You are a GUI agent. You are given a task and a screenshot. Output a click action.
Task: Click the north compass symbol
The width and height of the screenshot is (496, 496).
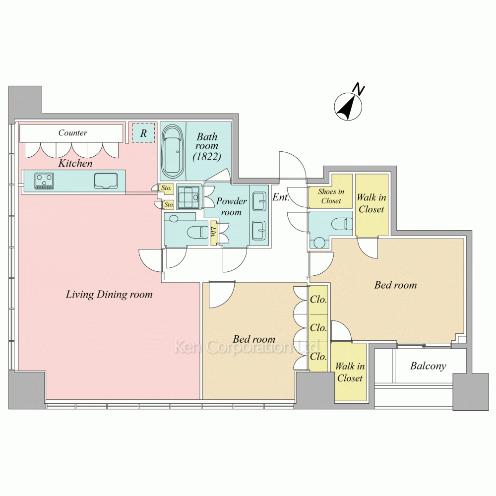[x=348, y=107]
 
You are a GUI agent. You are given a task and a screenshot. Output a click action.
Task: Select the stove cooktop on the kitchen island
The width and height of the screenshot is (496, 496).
[x=44, y=181]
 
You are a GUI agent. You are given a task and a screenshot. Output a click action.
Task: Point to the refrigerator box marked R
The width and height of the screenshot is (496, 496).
[x=143, y=133]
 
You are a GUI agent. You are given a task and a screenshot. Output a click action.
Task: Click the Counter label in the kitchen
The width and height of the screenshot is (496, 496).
[x=72, y=132]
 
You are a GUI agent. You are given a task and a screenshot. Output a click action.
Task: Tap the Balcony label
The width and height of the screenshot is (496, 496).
[x=428, y=366]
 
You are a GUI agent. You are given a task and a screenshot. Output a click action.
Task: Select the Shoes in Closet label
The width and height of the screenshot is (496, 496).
[x=331, y=196]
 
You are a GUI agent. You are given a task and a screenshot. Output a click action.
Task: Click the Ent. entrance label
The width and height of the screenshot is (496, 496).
[x=281, y=197]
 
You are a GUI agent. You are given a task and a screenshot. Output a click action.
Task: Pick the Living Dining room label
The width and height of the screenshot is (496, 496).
[x=109, y=295]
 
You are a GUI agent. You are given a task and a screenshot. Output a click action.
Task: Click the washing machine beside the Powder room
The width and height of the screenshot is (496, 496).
[x=188, y=197]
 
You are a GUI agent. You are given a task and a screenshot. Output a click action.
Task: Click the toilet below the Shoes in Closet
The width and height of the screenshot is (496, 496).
[x=342, y=224]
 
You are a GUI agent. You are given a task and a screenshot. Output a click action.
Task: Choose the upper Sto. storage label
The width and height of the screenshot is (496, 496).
[x=166, y=188]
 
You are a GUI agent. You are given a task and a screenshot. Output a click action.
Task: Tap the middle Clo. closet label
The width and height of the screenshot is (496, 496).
[x=318, y=328]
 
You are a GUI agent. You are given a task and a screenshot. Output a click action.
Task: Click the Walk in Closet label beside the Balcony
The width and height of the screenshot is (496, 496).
[x=350, y=372]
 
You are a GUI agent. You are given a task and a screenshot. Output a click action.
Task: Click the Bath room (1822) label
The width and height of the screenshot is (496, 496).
[x=207, y=146]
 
